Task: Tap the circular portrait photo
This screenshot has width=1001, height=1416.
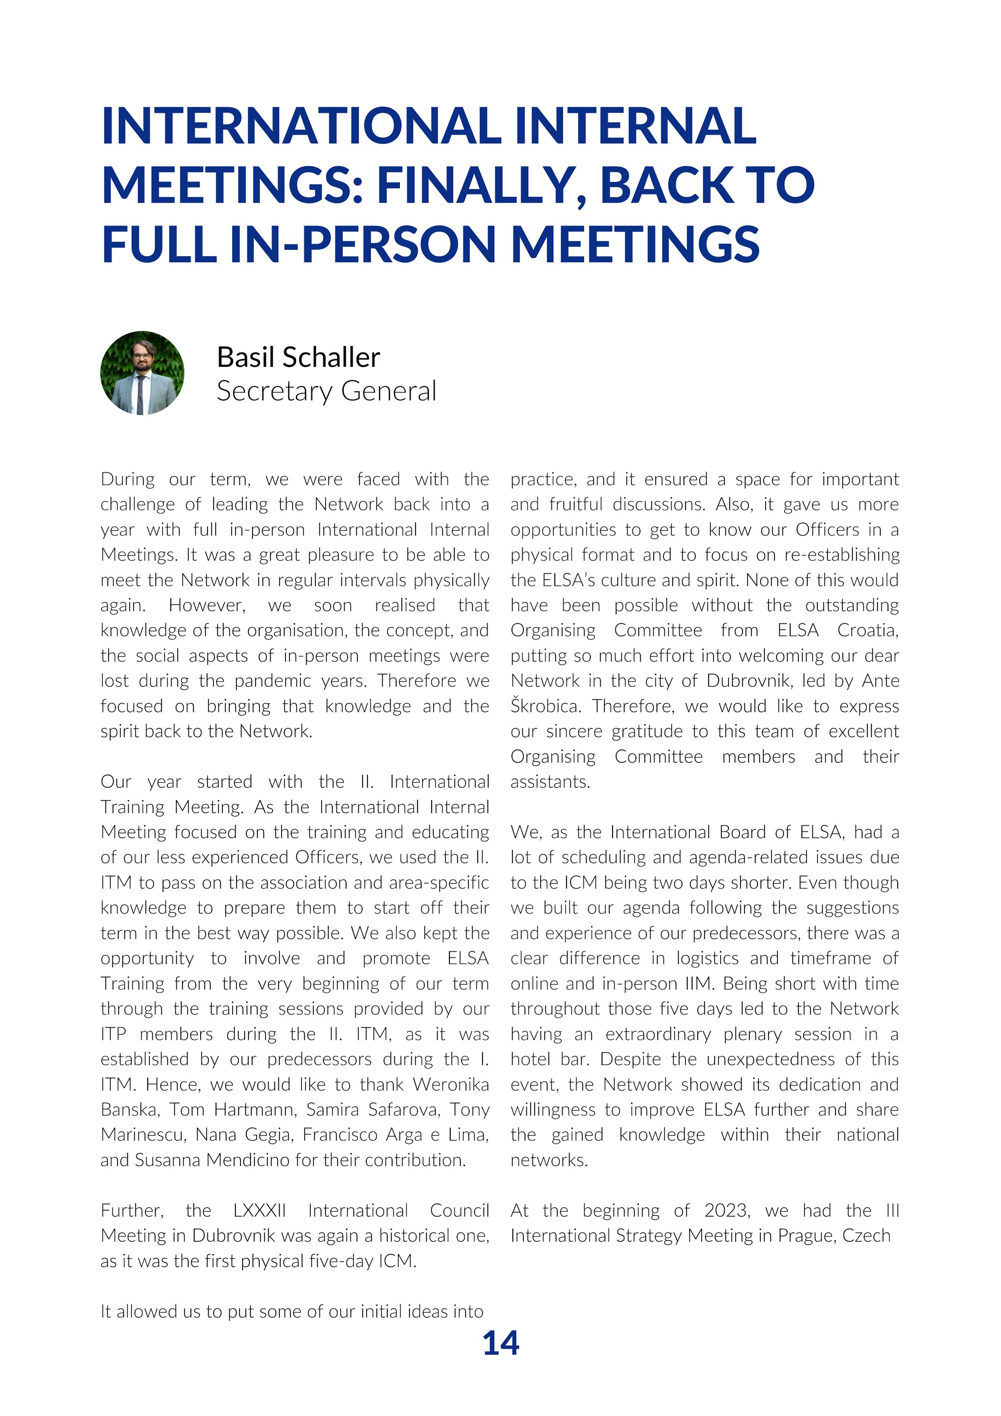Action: (142, 373)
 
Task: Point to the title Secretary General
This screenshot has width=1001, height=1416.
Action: (326, 391)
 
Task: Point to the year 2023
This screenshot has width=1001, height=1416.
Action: (727, 1210)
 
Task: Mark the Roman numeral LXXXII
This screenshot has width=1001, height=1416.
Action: (260, 1210)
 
